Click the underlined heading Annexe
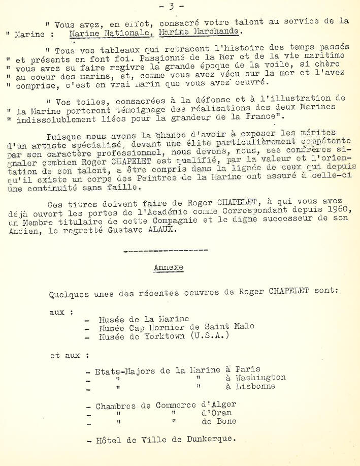pos(169,267)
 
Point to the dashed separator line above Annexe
pos(166,251)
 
